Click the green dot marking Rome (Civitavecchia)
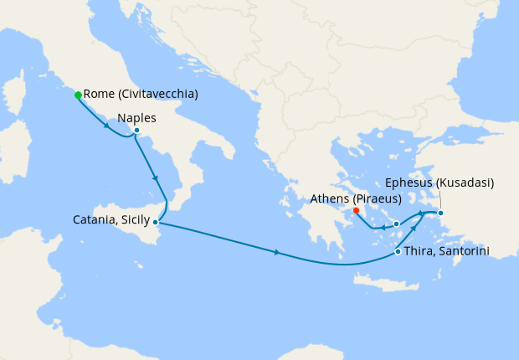coord(78,95)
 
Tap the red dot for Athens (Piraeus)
coord(357,210)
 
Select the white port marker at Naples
coord(136,130)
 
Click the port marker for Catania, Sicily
coord(156,222)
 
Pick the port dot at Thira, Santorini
coord(397,251)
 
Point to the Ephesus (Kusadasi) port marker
coord(441,213)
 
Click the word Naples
coord(137,117)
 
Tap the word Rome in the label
coord(99,95)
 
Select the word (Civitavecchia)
coord(158,95)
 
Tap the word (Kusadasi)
coord(465,183)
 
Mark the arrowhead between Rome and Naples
coord(106,126)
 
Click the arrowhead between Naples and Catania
coord(154,177)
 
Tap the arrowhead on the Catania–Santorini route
coord(277,252)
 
